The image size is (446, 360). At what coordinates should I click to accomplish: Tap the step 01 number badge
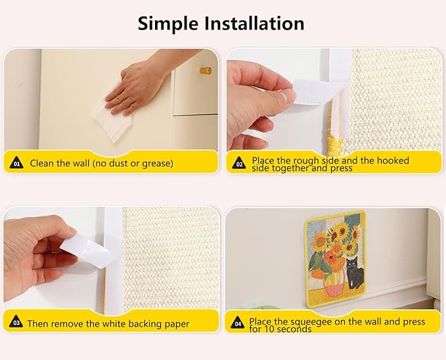pos(16,163)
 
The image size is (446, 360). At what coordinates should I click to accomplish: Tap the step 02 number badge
pos(239,163)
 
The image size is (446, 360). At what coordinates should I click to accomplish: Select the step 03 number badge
pos(16,323)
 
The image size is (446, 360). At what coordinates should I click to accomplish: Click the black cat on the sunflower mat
pos(354,274)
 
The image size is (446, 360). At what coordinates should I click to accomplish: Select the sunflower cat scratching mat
pos(334,259)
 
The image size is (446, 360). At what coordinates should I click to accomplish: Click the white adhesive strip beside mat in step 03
pos(113,263)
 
